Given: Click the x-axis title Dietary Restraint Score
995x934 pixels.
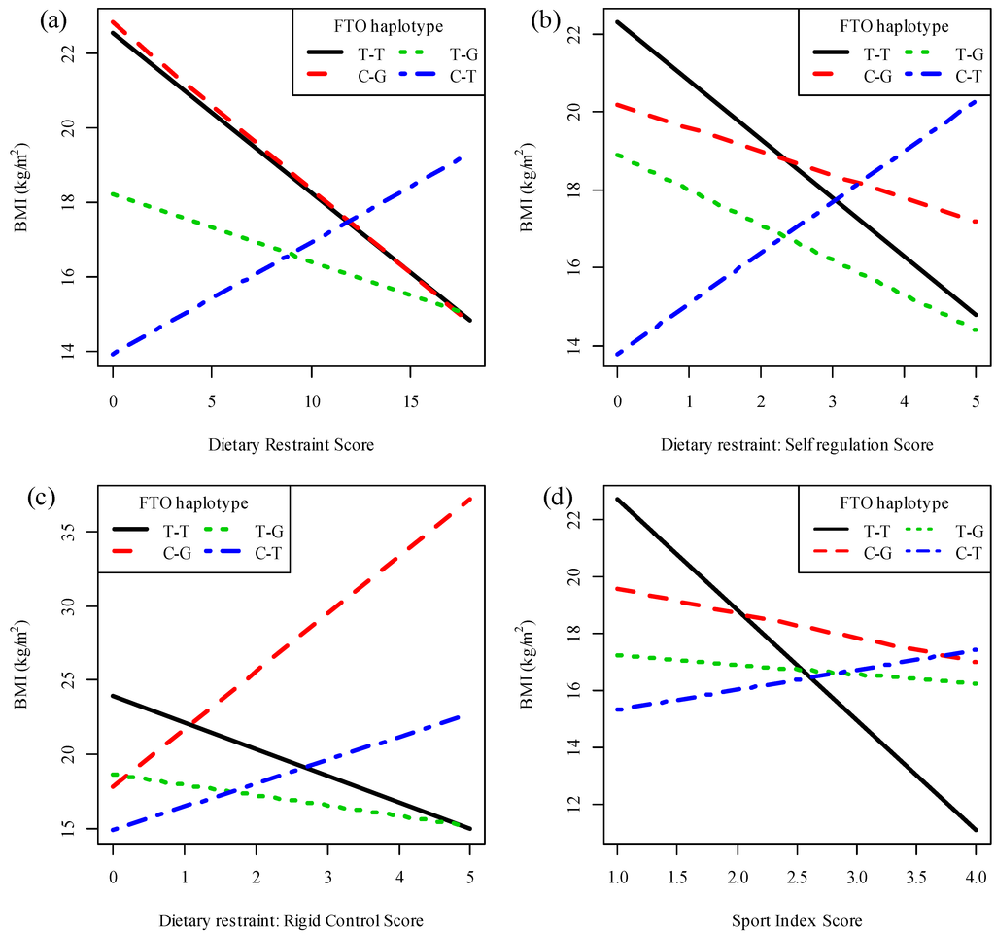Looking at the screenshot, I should point(291,445).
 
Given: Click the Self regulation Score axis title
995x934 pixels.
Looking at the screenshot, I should point(797,445).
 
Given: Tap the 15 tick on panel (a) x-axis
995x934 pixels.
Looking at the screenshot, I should point(410,399).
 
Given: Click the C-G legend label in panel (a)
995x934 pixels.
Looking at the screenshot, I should point(370,76).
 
